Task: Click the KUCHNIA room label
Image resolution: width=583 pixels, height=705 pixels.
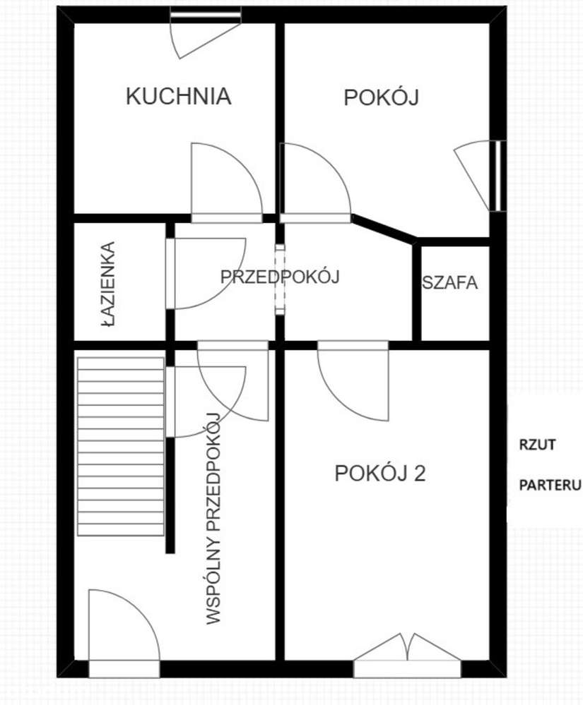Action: pyautogui.click(x=178, y=96)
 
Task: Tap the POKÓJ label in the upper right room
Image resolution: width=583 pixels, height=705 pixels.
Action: pyautogui.click(x=382, y=97)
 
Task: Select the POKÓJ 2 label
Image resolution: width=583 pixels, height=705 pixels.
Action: pyautogui.click(x=379, y=474)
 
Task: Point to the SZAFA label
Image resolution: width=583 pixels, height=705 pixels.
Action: pyautogui.click(x=450, y=283)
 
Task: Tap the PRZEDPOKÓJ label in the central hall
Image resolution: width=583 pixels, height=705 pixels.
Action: pyautogui.click(x=280, y=277)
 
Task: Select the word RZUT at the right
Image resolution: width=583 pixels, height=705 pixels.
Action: pyautogui.click(x=538, y=445)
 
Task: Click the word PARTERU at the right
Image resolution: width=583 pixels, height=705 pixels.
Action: pyautogui.click(x=550, y=486)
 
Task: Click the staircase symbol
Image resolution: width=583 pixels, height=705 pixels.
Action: pyautogui.click(x=121, y=446)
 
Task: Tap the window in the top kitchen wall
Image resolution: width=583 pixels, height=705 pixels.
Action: pyautogui.click(x=206, y=13)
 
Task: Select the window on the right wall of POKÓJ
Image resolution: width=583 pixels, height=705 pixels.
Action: pyautogui.click(x=500, y=176)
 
